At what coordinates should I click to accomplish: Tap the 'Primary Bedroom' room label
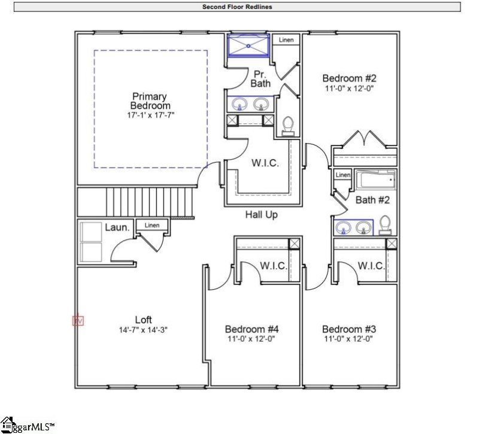[149, 101]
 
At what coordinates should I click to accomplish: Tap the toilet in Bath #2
[385, 224]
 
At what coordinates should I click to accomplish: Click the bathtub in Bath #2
[375, 180]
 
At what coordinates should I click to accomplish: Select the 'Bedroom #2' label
[349, 78]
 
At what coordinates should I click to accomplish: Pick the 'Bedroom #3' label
[349, 329]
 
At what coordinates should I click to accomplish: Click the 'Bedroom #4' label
[252, 329]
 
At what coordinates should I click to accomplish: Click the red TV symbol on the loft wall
[78, 321]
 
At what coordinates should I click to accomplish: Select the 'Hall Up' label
[261, 214]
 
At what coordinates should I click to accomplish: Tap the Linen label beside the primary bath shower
[286, 40]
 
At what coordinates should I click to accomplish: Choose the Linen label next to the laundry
[152, 225]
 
